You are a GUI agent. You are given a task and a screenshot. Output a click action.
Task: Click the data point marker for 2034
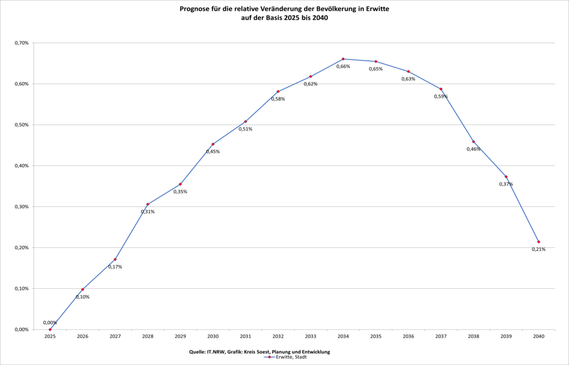pos(343,59)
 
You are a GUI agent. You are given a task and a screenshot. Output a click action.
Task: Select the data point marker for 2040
pos(539,242)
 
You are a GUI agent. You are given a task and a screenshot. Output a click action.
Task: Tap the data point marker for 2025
pos(50,329)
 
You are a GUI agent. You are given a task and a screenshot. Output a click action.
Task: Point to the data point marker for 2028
pos(148,204)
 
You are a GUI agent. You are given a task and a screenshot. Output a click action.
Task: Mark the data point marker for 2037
pos(441,89)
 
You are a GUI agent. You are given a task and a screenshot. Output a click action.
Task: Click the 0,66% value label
pos(343,67)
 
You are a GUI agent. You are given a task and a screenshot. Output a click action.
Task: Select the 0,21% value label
pos(539,249)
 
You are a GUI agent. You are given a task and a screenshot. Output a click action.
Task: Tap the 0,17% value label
pos(115,267)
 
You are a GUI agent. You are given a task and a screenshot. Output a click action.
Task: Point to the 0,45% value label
pos(213,151)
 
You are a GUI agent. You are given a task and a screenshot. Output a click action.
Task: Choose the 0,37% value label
pos(506,184)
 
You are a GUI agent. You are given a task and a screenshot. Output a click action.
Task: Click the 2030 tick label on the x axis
pos(213,337)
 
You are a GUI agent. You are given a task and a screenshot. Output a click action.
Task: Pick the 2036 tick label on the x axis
pos(409,337)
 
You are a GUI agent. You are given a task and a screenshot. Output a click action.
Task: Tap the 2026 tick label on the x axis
pos(83,337)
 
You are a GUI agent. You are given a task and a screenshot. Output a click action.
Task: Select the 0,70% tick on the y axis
pos(22,43)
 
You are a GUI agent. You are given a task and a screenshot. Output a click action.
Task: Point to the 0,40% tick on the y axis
pos(22,165)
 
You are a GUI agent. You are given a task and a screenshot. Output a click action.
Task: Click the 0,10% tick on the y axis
pos(22,288)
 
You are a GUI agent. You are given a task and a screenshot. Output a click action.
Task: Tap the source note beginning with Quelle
pos(259,352)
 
